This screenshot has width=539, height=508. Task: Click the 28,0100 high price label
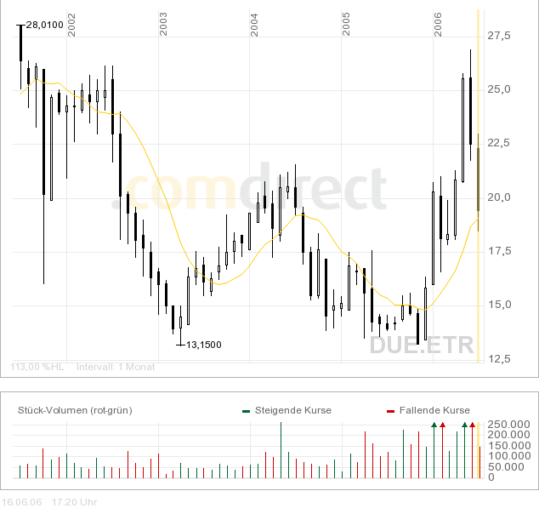(x=45, y=25)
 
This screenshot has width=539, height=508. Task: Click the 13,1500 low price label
(x=203, y=345)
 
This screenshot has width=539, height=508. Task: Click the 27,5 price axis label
(x=498, y=36)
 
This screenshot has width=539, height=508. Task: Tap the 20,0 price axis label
(x=498, y=197)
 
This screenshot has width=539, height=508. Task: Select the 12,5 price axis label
(x=498, y=358)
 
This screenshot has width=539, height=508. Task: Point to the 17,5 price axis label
(x=498, y=251)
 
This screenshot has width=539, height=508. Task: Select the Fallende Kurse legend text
(x=434, y=410)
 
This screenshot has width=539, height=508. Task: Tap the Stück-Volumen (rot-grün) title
(x=75, y=410)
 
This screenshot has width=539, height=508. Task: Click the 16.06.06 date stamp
(x=21, y=501)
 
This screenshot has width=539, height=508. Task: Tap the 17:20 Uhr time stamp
(x=75, y=501)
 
